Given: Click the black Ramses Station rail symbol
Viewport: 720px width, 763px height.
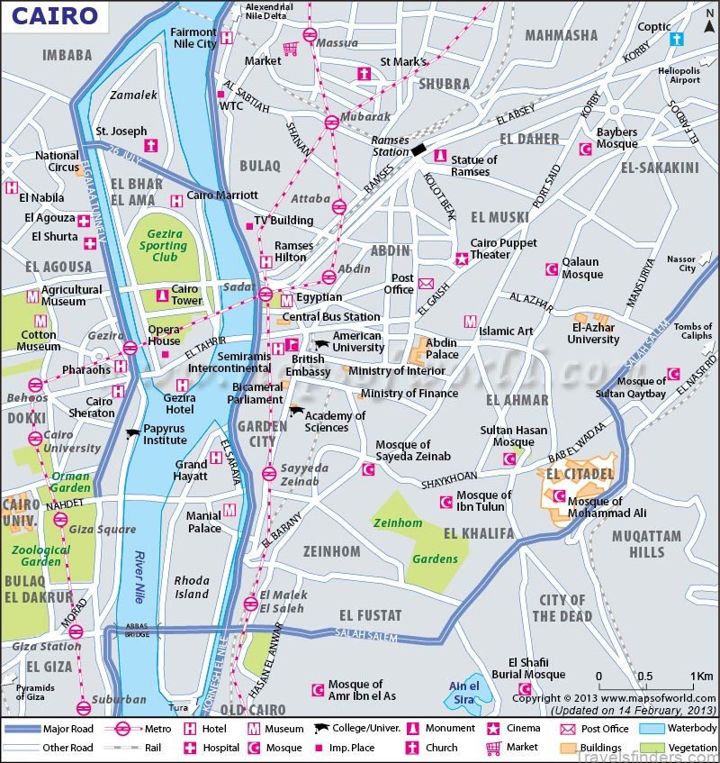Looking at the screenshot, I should click(x=419, y=148).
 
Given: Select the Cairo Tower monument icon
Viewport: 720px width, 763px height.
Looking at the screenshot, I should click(x=163, y=295).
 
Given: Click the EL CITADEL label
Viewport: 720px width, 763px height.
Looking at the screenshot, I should click(x=579, y=474).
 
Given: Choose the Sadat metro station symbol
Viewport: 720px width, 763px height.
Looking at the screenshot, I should click(x=266, y=295).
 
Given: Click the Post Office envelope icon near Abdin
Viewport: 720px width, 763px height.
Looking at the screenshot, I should click(x=426, y=284).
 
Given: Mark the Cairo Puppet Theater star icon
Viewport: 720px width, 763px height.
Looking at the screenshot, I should click(x=462, y=258).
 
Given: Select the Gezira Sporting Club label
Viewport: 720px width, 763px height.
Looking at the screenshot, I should click(x=163, y=245).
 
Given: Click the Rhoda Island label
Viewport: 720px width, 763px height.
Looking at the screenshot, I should click(x=191, y=587).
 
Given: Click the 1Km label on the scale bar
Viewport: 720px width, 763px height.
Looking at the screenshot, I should click(x=702, y=677).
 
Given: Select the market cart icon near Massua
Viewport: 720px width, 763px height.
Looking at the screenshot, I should click(x=292, y=49).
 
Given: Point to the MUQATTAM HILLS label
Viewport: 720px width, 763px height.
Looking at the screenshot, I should click(x=646, y=543).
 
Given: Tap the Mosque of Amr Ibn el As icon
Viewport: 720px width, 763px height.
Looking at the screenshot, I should click(x=317, y=690).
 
